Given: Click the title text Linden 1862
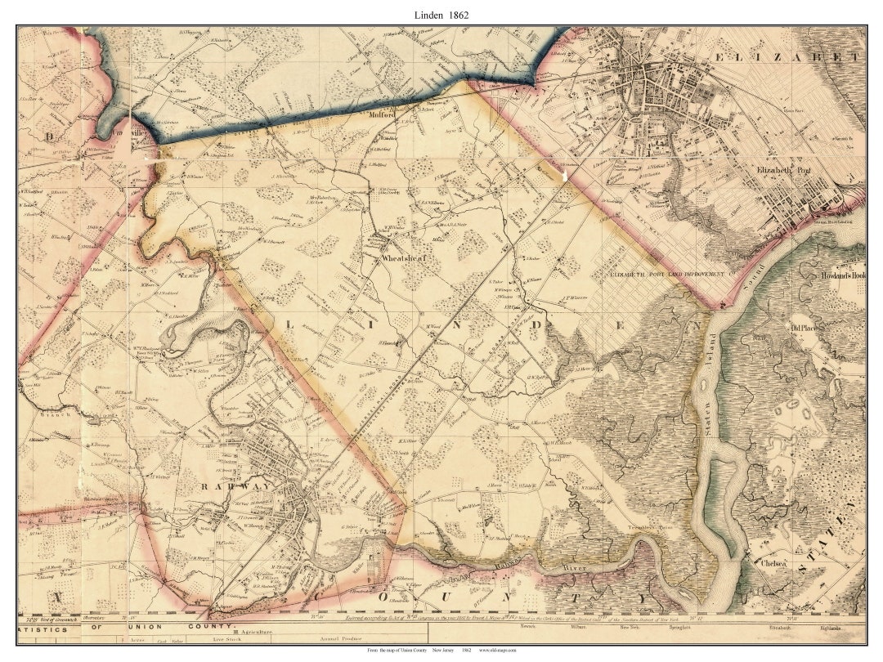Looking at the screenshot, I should click(441, 15).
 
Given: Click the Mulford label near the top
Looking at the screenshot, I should click(383, 115).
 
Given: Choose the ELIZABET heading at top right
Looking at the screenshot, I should click(788, 57).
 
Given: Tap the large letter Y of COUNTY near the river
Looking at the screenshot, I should click(643, 600).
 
